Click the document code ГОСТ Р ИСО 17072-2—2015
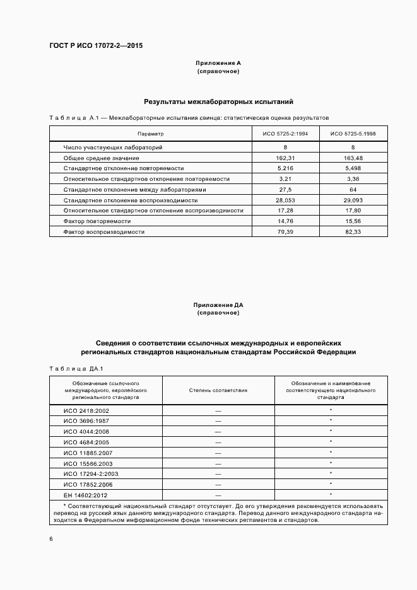click(96, 45)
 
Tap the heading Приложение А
click(218, 64)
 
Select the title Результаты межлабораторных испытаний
click(218, 101)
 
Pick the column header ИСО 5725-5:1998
click(353, 134)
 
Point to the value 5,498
click(353, 168)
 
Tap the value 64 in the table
click(353, 189)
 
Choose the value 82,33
click(353, 232)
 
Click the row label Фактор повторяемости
click(97, 221)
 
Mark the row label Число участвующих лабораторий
click(113, 147)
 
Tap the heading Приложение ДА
click(218, 305)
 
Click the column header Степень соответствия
click(218, 390)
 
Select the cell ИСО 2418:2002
click(86, 410)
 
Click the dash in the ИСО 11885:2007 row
click(218, 452)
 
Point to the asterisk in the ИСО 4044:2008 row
click(331, 431)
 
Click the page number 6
click(51, 539)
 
